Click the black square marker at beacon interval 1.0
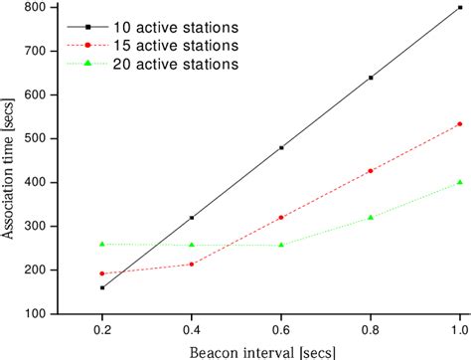pyautogui.click(x=459, y=7)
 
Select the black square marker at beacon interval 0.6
pyautogui.click(x=281, y=147)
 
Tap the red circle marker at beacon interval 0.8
pyautogui.click(x=371, y=171)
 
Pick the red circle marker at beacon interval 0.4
pyautogui.click(x=191, y=264)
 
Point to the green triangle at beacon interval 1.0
pyautogui.click(x=459, y=182)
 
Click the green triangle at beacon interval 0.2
pyautogui.click(x=101, y=244)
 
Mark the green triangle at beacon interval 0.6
pyautogui.click(x=281, y=244)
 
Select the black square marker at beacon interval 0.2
pyautogui.click(x=101, y=287)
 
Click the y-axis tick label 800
pyautogui.click(x=35, y=8)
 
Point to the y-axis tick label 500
pyautogui.click(x=35, y=139)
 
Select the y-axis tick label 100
pyautogui.click(x=35, y=313)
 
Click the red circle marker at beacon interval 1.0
pyautogui.click(x=459, y=124)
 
